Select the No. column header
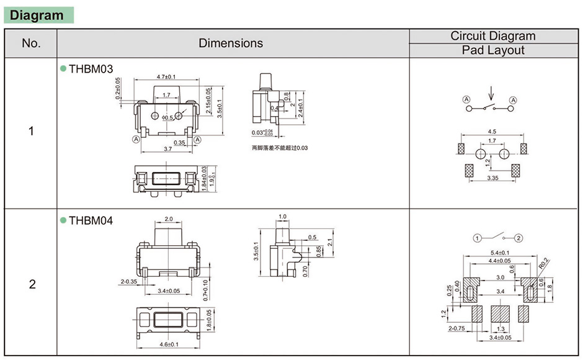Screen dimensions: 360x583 (31, 43)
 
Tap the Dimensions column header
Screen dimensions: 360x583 (231, 43)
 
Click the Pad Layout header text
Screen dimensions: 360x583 (493, 51)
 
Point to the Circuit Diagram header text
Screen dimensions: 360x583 (493, 36)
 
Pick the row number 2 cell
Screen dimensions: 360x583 (32, 284)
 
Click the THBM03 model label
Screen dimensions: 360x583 (91, 70)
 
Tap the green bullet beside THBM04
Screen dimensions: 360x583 (63, 220)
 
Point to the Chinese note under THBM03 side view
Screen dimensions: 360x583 (279, 148)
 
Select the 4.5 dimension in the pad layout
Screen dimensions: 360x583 (492, 132)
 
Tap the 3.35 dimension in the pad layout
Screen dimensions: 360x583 (492, 178)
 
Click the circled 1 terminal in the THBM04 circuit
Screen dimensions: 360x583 (477, 238)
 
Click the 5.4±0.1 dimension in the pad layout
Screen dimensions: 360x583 (499, 253)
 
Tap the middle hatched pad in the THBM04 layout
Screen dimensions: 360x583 (499, 312)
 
